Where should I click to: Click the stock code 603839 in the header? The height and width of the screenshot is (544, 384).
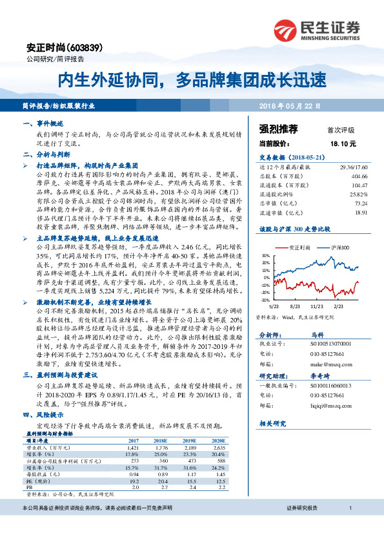click(76, 48)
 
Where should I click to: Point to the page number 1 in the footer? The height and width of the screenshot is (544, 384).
click(349, 527)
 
